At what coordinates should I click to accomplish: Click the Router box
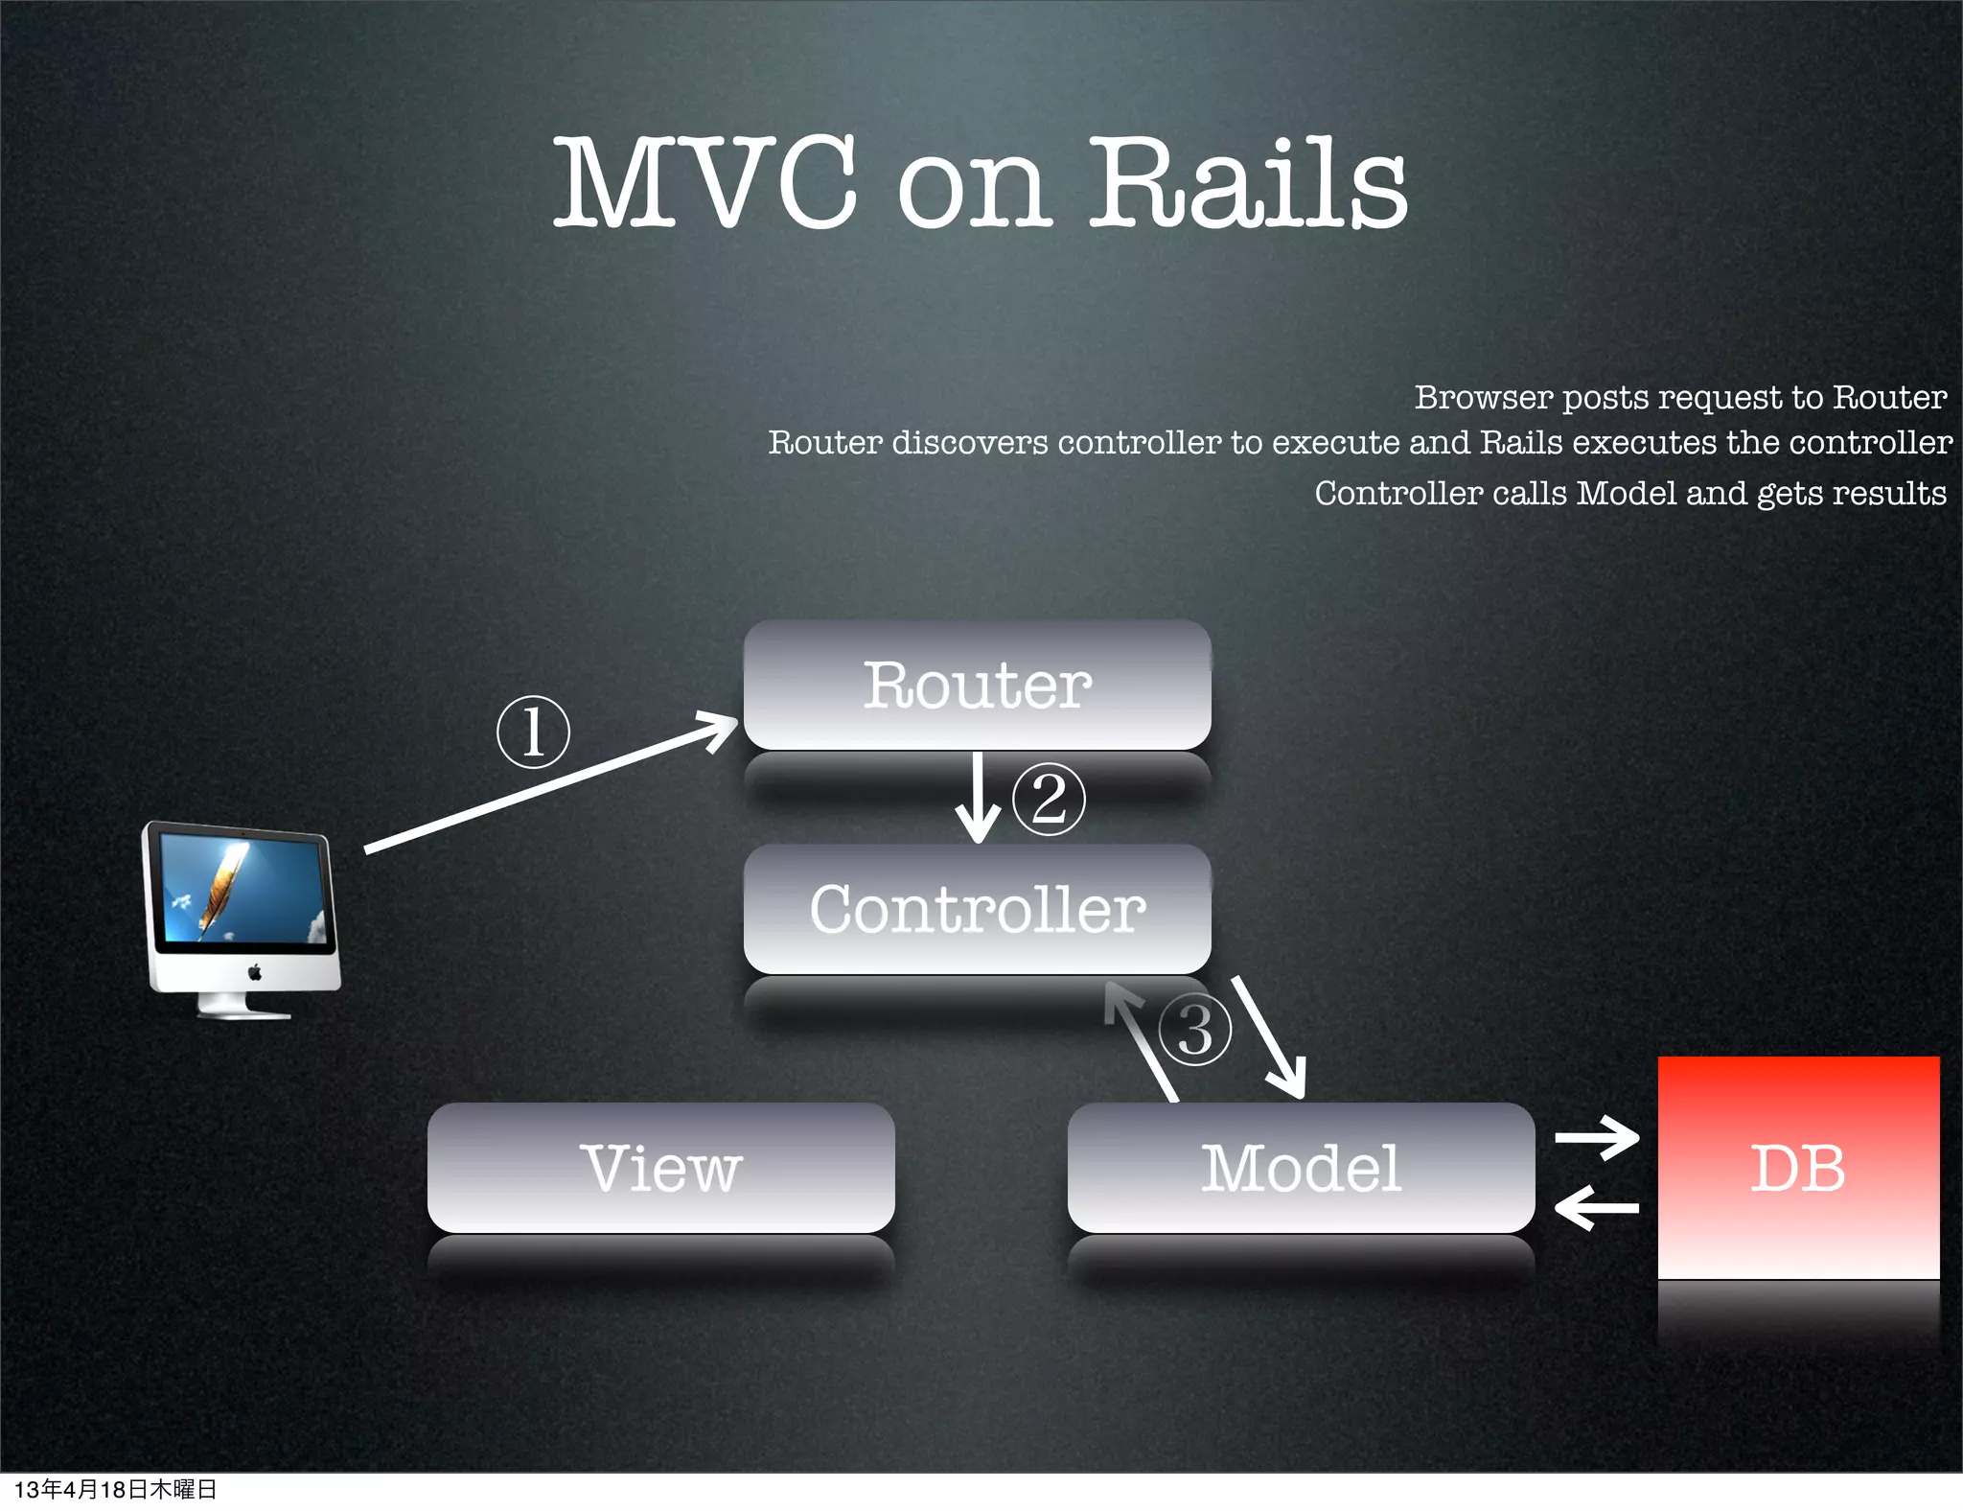977,685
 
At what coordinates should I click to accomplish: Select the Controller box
977,908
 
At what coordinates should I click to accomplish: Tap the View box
660,1168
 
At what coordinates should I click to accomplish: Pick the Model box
1301,1168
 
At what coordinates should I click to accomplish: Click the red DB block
1798,1168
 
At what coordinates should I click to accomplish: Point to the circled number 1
533,732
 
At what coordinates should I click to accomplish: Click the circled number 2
1049,800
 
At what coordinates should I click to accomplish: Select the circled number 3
1194,1030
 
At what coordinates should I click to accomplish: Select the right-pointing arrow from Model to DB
1597,1138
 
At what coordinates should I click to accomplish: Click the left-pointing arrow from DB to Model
1597,1208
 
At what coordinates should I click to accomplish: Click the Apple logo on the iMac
254,973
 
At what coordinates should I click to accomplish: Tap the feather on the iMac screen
223,884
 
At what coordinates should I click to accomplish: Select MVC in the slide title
705,183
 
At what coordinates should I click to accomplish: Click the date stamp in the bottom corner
115,1489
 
